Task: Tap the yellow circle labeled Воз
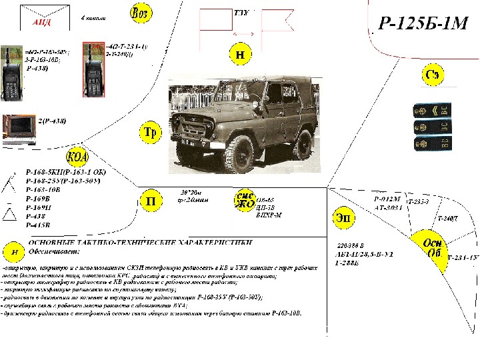click(x=139, y=14)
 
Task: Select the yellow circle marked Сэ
click(x=432, y=76)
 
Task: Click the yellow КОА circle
click(x=77, y=158)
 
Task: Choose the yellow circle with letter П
click(x=151, y=200)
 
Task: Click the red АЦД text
click(x=41, y=22)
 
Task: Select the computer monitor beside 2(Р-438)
click(x=19, y=128)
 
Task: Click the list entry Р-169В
click(x=39, y=198)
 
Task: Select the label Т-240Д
click(x=447, y=219)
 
